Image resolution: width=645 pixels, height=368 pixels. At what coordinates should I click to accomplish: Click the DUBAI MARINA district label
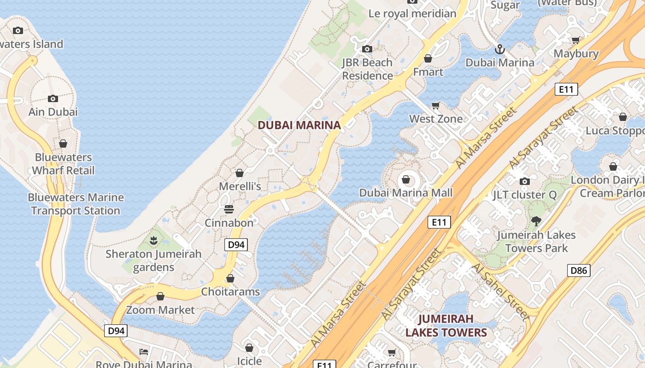point(299,125)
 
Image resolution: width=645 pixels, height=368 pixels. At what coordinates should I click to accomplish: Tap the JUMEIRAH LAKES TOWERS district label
point(446,325)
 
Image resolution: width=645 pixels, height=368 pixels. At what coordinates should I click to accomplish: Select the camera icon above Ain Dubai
point(53,98)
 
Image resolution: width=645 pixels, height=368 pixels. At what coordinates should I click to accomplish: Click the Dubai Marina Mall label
point(406,193)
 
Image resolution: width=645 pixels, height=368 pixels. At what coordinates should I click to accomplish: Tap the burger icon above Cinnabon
point(229,209)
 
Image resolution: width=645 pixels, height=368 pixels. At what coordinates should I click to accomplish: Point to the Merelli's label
point(240,186)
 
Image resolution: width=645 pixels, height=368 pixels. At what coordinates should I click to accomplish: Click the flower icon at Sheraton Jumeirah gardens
point(153,240)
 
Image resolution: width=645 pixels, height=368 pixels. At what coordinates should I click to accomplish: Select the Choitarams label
point(230,292)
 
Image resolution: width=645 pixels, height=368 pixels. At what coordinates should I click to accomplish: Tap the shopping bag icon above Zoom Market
point(160,296)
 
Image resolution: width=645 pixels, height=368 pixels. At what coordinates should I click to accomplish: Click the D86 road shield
point(579,270)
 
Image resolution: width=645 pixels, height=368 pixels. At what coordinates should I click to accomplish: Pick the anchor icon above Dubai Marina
point(499,49)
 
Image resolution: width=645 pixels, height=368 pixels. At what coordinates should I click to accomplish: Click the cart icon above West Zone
point(436,105)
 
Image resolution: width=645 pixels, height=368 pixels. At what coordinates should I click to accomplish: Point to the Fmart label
point(428,72)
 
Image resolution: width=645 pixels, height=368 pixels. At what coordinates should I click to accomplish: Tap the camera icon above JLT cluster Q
point(524,181)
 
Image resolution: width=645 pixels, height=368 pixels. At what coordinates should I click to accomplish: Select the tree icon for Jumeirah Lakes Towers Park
point(536,221)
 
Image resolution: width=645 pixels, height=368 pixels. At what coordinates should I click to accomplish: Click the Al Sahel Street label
point(501,292)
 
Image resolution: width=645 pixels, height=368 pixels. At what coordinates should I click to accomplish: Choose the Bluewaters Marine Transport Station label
point(76,204)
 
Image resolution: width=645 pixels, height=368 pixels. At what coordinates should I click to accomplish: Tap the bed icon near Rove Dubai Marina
point(144,352)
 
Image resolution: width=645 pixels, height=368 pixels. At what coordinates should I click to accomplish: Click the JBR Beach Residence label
point(367,69)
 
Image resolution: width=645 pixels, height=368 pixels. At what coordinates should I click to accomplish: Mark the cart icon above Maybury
point(575,40)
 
